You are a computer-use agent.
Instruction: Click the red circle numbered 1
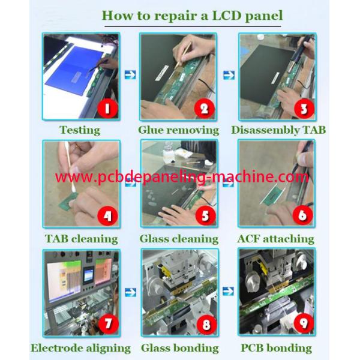tap(107, 109)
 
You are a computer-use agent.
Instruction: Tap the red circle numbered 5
tap(205, 215)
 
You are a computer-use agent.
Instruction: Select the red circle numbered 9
tap(304, 323)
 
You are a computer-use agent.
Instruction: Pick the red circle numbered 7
tap(108, 324)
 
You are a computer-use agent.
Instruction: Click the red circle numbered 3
tap(304, 109)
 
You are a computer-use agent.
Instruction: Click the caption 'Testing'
tap(80, 130)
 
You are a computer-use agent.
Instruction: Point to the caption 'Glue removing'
tap(179, 130)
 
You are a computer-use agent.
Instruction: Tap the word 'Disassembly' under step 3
tap(265, 130)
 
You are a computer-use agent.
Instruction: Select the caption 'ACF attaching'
tap(276, 239)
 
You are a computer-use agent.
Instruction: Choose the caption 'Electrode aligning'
tap(81, 348)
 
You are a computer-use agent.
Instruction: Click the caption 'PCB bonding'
tap(276, 348)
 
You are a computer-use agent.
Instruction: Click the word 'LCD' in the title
tap(227, 16)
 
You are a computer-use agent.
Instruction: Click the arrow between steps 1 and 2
tap(130, 75)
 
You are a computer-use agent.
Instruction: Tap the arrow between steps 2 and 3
tap(229, 75)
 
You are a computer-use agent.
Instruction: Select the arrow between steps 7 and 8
tap(131, 292)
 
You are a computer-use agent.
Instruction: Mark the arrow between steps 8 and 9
tap(229, 291)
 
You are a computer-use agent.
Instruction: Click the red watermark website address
tap(182, 178)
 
